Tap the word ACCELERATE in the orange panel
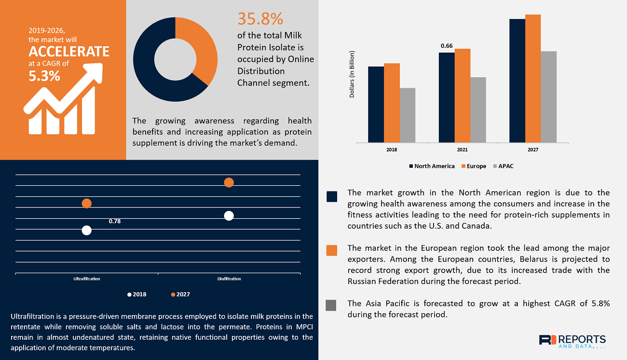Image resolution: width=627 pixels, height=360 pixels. coord(69,52)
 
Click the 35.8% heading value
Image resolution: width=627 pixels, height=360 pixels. coord(260,19)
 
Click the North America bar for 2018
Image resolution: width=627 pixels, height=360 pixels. coord(376,104)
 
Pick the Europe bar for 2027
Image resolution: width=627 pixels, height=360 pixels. coord(533,78)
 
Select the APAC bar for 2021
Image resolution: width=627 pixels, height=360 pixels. coord(478,110)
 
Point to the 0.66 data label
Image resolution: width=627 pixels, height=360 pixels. coord(447,46)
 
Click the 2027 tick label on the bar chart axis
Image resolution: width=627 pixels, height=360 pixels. coord(532,150)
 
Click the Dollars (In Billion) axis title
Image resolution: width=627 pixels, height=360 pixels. coord(352,74)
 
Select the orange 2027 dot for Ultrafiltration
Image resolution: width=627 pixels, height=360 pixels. coord(86,204)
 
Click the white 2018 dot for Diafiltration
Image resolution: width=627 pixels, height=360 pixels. coord(229,216)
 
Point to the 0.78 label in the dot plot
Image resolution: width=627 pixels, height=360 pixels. coord(115,222)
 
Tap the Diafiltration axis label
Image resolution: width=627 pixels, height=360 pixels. coord(229,279)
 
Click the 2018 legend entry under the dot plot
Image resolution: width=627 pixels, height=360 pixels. coord(137,294)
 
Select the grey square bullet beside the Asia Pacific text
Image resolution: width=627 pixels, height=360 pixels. coord(331,305)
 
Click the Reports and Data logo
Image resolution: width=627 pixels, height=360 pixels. coord(572,341)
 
